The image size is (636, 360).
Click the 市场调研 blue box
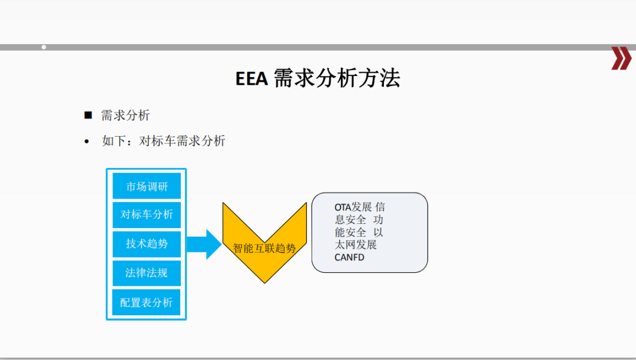coord(147,186)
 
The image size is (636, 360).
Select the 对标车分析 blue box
coord(147,214)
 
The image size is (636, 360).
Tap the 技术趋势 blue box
coord(147,244)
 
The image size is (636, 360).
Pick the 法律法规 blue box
coord(147,273)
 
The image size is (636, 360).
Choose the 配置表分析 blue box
coord(147,302)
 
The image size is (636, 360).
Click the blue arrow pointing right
coord(204,245)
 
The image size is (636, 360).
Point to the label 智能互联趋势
coord(264,248)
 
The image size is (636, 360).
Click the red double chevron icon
coord(621,58)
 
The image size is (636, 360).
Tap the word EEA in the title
coord(251,79)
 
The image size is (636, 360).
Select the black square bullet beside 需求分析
coord(88,115)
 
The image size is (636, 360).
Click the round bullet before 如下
coord(87,141)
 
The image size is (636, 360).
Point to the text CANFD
coord(349,257)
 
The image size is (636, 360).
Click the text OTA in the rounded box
coord(342,207)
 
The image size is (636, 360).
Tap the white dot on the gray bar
coord(44,48)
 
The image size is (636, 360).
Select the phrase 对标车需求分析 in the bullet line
coord(182,141)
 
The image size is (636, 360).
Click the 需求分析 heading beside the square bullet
coord(125,115)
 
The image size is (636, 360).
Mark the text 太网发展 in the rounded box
coord(355,245)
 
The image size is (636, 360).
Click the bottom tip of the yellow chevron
coord(264,283)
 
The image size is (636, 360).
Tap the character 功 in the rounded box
coord(378,220)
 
